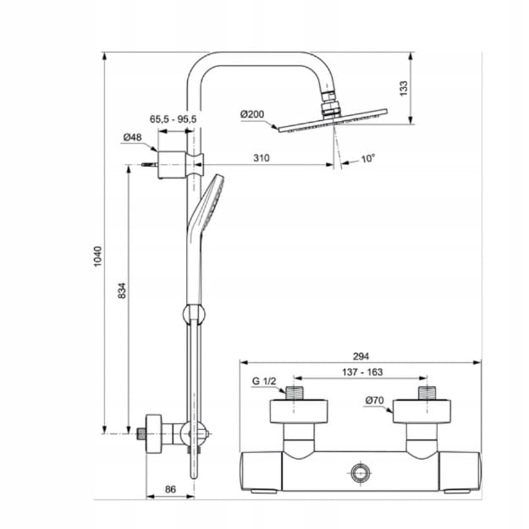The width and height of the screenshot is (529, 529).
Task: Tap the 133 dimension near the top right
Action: coord(404,87)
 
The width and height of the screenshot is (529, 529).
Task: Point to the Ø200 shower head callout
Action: coord(255,113)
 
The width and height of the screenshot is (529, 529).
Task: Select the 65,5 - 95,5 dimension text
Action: coord(173,120)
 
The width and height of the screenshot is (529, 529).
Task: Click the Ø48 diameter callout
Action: coord(132,137)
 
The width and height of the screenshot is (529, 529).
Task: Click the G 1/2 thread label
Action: coord(264,381)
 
